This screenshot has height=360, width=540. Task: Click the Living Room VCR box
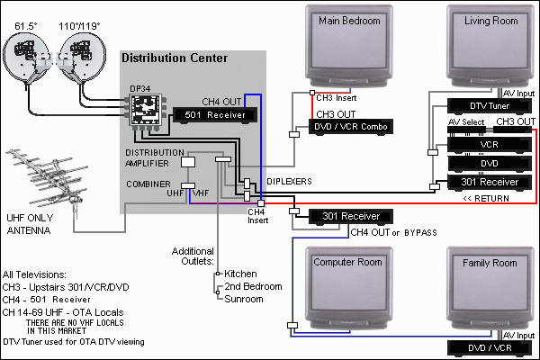(x=487, y=143)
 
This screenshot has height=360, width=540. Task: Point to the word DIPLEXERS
(x=288, y=181)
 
